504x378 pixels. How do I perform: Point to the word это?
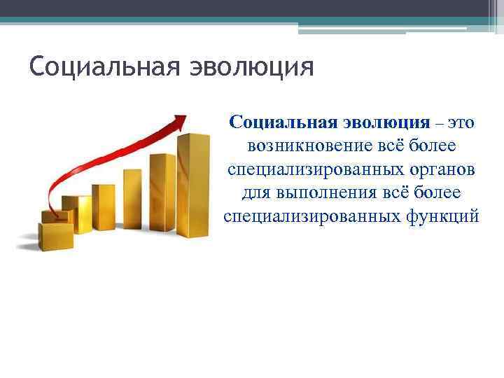click(461, 122)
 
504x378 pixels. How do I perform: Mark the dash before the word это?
click(439, 123)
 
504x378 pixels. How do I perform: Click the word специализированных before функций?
click(312, 216)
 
